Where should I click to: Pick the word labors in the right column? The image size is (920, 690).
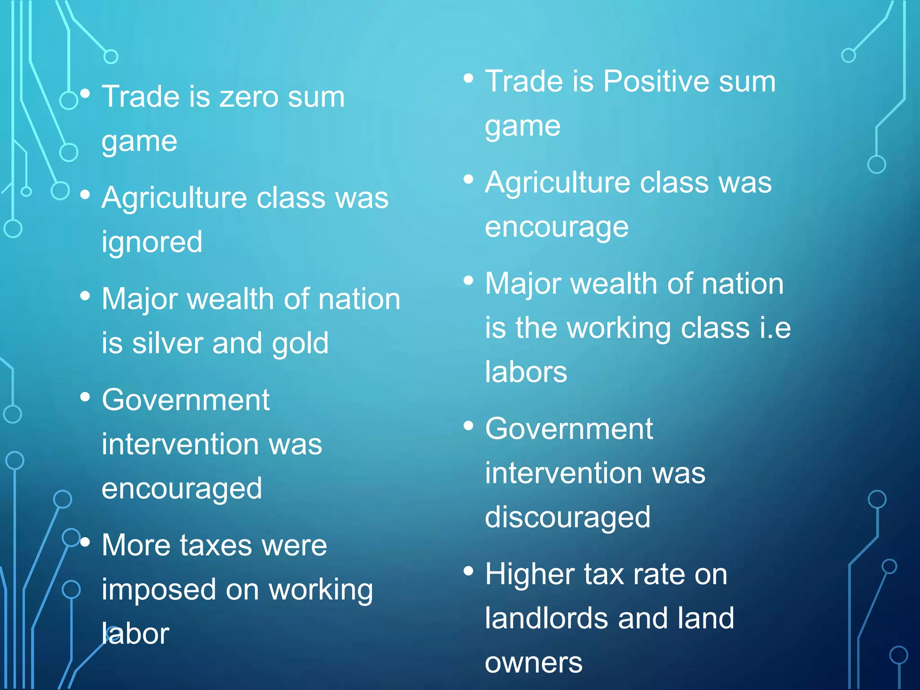[x=526, y=372]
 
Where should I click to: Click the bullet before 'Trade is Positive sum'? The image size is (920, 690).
[x=469, y=79]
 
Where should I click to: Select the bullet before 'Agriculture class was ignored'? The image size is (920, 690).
[x=85, y=195]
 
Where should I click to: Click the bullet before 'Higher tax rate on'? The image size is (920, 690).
[x=469, y=571]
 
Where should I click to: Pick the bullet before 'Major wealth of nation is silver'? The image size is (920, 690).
[x=85, y=296]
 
